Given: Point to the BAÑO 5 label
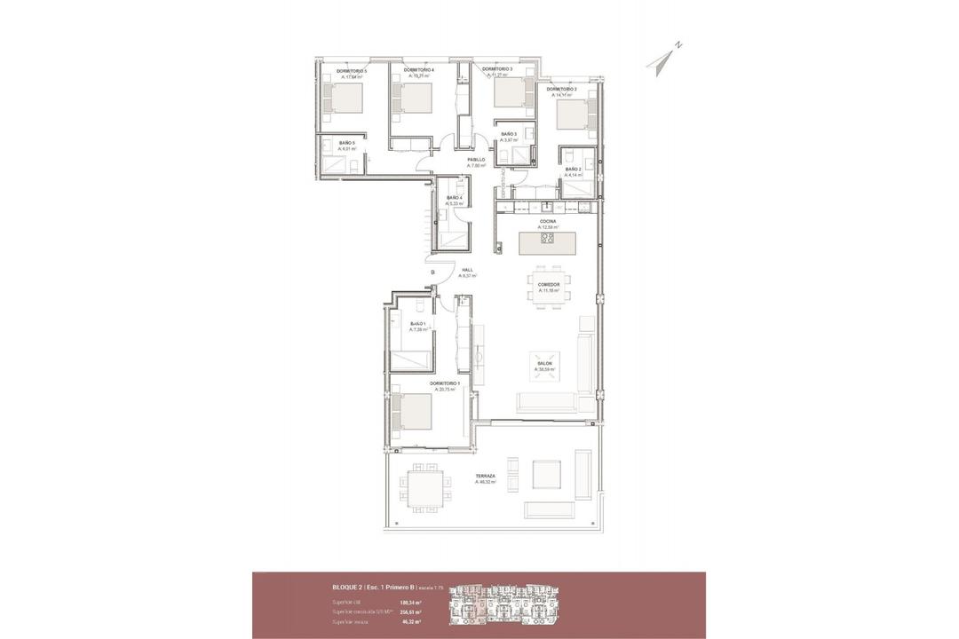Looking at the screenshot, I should click(x=346, y=143).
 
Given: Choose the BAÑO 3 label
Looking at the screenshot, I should click(x=509, y=134).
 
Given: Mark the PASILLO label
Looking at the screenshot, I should click(x=476, y=160).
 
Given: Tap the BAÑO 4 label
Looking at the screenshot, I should click(x=454, y=198).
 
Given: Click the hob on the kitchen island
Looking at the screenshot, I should click(x=547, y=238).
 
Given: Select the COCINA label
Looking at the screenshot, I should click(x=547, y=221).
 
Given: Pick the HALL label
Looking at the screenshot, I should click(x=467, y=270).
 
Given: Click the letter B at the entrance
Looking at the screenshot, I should click(x=432, y=272).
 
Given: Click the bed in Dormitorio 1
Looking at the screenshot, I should click(x=414, y=411).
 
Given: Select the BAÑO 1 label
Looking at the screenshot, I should click(x=418, y=324).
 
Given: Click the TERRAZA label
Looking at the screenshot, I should click(x=485, y=476).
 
